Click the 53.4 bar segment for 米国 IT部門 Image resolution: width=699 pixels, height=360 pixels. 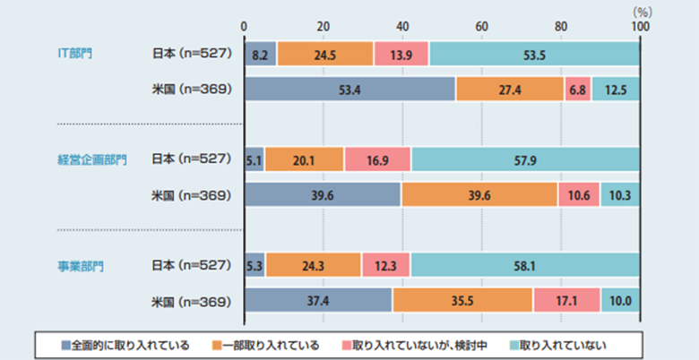click(349, 90)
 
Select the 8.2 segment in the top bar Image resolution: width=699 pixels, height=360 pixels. click(260, 54)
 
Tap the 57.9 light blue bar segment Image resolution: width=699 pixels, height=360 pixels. click(525, 159)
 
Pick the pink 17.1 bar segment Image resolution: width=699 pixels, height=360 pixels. click(566, 300)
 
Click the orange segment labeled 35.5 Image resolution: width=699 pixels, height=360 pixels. click(462, 300)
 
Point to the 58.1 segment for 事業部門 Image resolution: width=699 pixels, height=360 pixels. click(525, 265)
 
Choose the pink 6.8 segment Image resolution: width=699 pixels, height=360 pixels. click(577, 90)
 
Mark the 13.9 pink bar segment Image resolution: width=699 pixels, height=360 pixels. click(401, 54)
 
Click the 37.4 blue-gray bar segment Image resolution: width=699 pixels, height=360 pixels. click(317, 300)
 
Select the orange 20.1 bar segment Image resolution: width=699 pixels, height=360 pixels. click(304, 159)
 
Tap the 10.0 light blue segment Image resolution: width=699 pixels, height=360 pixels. click(619, 300)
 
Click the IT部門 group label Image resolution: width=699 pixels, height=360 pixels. click(75, 53)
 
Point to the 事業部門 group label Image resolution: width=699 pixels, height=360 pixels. click(78, 265)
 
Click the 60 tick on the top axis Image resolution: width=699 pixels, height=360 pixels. click(481, 25)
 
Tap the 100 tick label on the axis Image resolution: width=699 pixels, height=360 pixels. click(639, 25)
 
